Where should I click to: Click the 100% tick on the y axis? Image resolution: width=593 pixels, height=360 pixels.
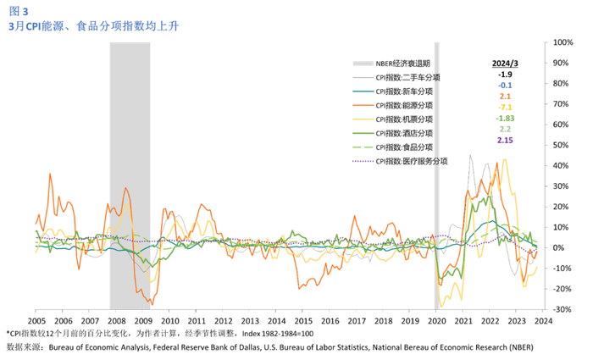tap(564, 42)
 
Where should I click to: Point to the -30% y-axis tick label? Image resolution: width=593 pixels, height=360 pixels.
tap(563, 310)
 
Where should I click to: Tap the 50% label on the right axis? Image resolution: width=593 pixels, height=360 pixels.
tap(563, 145)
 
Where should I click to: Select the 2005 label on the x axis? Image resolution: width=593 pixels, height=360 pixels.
tap(36, 322)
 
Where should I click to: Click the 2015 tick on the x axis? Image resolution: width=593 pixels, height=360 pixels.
tap(304, 322)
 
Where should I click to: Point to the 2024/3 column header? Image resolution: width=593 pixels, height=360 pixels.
tap(505, 64)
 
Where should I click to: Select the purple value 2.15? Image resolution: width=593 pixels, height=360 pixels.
tap(505, 139)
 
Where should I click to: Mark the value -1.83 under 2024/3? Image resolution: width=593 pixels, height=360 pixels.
tap(505, 118)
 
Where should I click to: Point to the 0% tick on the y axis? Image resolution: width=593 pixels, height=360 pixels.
tap(563, 248)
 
